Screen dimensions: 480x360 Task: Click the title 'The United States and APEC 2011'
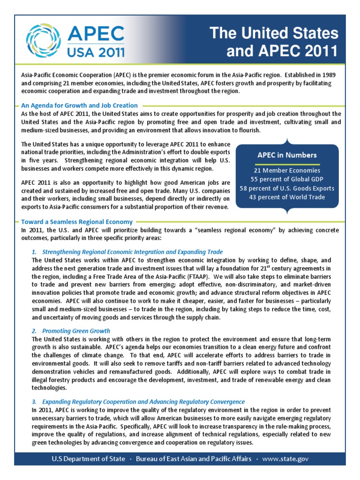(274, 42)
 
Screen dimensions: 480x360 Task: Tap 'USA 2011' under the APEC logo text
(97, 51)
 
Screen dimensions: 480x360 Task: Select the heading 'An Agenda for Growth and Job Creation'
(80, 105)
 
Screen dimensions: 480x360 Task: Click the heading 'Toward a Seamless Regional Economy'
(77, 221)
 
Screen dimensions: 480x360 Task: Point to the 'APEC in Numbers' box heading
(286, 155)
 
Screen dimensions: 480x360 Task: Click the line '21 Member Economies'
(286, 171)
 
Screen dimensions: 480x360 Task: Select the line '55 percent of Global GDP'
(286, 180)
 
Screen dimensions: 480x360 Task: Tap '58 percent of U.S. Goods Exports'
(286, 188)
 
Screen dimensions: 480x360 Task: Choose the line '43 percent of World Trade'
(286, 197)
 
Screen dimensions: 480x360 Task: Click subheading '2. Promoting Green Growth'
(71, 331)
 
